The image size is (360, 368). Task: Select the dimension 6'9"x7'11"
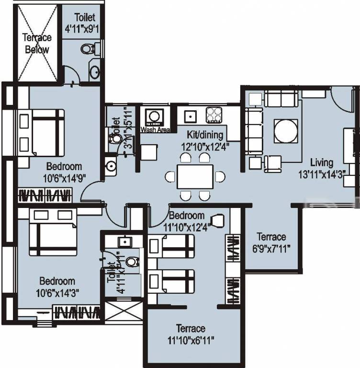pyautogui.click(x=271, y=248)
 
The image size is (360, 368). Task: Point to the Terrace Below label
pyautogui.click(x=37, y=44)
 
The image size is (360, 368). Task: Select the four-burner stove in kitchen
pyautogui.click(x=213, y=115)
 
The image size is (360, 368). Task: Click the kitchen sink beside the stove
pyautogui.click(x=190, y=115)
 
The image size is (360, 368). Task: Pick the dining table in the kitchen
pyautogui.click(x=195, y=177)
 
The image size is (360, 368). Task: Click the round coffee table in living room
pyautogui.click(x=286, y=130)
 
